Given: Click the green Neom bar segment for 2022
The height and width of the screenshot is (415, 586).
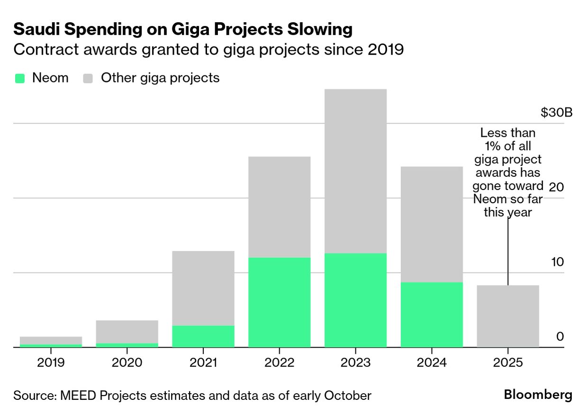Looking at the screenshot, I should point(279,302).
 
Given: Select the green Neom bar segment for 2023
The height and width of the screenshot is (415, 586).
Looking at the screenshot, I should point(355,300).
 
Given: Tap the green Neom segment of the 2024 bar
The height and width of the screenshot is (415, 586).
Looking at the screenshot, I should point(432,315).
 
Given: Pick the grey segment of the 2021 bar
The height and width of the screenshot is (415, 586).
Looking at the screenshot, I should point(203,288).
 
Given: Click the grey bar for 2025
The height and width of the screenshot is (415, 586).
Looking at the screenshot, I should point(508,316).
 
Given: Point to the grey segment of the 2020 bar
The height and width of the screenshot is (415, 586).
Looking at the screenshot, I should point(127,332).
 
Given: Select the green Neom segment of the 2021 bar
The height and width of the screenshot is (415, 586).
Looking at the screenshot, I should point(203,336).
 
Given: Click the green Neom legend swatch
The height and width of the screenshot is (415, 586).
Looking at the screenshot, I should point(20,78).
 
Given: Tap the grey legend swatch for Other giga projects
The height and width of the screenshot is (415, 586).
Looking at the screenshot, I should point(88,78).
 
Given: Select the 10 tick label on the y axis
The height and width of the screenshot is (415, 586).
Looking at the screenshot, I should point(558,262).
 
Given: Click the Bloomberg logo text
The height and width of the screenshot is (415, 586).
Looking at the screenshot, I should point(538,395).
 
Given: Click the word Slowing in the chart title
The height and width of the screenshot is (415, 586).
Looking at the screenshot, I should point(320,29).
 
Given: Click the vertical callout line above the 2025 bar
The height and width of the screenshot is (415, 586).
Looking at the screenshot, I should point(508,251).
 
